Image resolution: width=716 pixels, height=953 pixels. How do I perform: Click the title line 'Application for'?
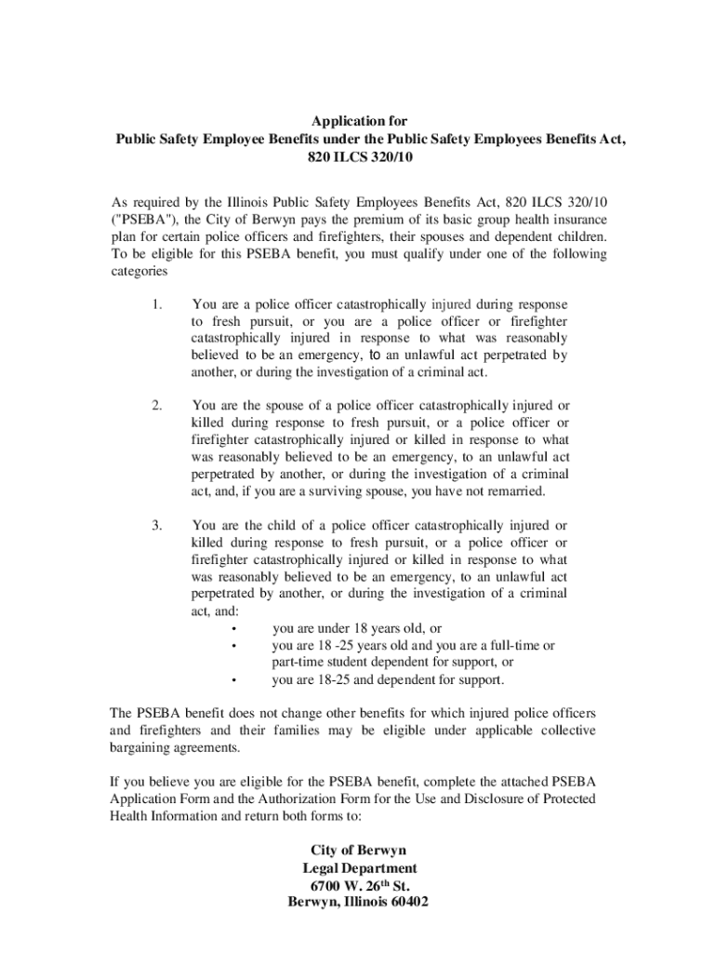[x=358, y=122]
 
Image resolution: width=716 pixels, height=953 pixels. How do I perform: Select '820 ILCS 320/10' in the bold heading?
[x=358, y=157]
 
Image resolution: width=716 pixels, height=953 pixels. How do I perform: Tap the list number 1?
[x=156, y=304]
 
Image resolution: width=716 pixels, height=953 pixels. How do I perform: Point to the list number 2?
[x=156, y=406]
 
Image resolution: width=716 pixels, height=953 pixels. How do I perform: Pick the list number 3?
[x=156, y=526]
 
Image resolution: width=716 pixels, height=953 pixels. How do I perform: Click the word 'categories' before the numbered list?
[x=139, y=273]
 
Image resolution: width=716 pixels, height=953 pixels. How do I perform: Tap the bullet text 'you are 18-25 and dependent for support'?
[x=388, y=679]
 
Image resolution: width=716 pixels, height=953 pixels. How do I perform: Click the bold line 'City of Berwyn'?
[x=358, y=851]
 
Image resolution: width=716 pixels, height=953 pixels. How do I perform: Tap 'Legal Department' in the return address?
[x=358, y=868]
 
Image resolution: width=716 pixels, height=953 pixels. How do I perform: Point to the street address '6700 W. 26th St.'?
[x=358, y=886]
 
